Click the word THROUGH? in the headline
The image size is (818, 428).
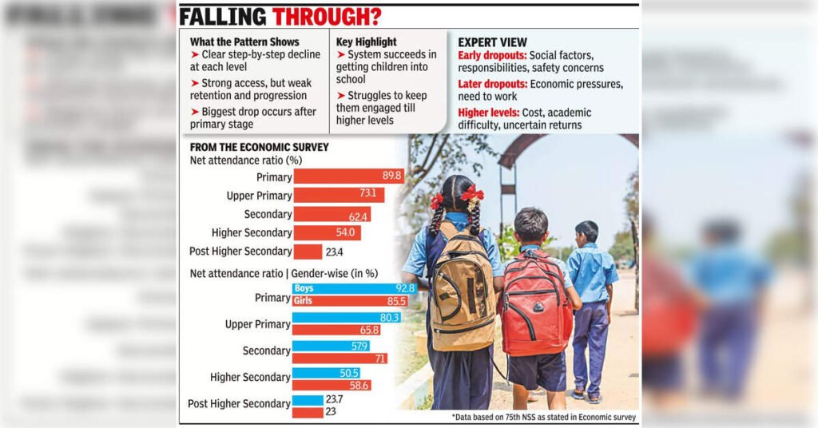[x=327, y=17]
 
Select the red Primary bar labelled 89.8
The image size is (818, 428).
[x=349, y=176]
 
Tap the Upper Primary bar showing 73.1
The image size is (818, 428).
[x=339, y=196]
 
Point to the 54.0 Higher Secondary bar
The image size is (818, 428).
[x=327, y=233]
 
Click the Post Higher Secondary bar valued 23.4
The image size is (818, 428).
[x=308, y=252]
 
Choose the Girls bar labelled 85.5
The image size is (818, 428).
[x=351, y=301]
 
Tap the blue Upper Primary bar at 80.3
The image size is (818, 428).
[x=346, y=318]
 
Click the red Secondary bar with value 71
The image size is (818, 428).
[x=340, y=359]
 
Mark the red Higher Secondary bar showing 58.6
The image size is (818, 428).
[x=331, y=385]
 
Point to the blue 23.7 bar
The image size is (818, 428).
[x=307, y=399]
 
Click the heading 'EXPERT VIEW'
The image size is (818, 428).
[x=492, y=42]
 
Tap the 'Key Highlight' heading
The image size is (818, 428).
[x=367, y=42]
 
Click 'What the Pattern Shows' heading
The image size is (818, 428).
[x=244, y=42]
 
